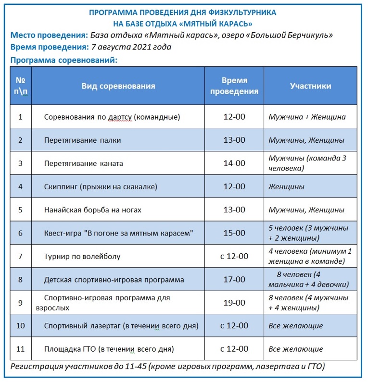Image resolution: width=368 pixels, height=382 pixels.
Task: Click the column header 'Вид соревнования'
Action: tap(118, 86)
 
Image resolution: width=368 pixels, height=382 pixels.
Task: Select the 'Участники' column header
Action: tap(310, 86)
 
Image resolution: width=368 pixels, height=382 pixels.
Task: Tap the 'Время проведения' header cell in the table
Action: tap(234, 86)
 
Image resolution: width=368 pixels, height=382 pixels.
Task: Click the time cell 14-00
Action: tap(234, 163)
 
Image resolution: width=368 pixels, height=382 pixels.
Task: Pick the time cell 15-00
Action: tap(234, 233)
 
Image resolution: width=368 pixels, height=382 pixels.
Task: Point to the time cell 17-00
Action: tap(234, 279)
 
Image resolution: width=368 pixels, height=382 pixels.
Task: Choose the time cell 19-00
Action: tap(234, 303)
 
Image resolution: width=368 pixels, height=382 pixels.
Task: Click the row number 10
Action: tap(21, 326)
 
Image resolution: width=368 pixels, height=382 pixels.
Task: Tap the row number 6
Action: tap(21, 233)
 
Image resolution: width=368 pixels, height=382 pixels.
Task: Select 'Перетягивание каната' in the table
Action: tap(84, 163)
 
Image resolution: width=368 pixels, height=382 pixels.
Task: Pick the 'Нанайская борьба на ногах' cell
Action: tap(92, 210)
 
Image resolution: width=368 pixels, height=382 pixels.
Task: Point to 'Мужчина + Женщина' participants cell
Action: tap(307, 117)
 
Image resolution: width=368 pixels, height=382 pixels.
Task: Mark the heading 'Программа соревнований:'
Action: tap(64, 61)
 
